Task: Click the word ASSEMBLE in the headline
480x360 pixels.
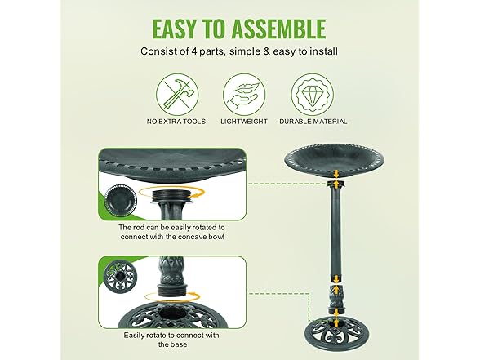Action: [278, 29]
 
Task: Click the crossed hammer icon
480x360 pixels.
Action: [177, 95]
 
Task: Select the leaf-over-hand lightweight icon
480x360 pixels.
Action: [244, 95]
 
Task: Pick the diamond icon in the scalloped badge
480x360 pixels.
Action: [312, 95]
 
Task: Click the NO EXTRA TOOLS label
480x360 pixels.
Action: [176, 122]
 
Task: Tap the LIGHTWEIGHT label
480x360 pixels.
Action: [244, 122]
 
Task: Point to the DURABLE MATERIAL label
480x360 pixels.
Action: [313, 122]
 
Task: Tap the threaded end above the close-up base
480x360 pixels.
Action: [170, 290]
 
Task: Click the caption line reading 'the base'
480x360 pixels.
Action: [173, 344]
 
